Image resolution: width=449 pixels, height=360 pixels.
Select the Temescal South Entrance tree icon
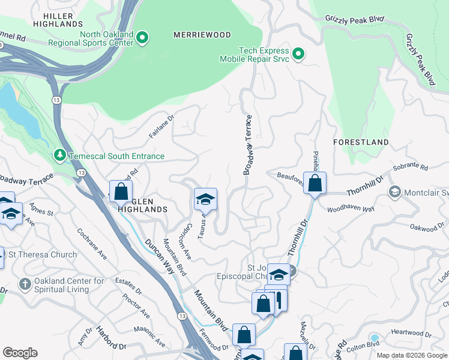(59, 156)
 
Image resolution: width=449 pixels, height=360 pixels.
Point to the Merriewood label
(202, 35)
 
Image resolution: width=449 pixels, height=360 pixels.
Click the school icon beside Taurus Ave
(205, 199)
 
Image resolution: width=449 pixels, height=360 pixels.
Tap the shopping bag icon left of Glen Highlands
(121, 191)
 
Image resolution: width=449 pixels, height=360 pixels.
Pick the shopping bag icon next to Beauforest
(315, 183)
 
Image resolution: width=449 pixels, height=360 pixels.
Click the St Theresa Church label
(43, 255)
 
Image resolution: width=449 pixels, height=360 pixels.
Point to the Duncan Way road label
(161, 256)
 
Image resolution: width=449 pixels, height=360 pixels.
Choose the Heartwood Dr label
(411, 333)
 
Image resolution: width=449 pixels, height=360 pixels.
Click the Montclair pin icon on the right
(394, 192)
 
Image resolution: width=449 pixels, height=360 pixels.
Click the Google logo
(20, 353)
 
